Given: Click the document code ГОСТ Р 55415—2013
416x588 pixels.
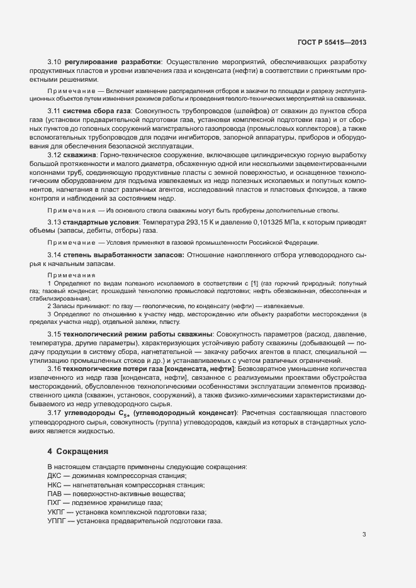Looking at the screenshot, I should [x=332, y=42].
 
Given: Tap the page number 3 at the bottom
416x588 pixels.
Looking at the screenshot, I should [x=364, y=535].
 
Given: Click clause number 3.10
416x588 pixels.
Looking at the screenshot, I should [x=54, y=62].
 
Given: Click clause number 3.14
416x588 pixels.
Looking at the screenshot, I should [x=54, y=255].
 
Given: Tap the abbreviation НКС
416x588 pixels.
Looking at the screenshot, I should [x=55, y=487].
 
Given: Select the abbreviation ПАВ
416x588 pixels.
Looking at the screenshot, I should [x=55, y=496].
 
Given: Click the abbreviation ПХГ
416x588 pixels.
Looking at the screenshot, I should [x=54, y=504].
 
